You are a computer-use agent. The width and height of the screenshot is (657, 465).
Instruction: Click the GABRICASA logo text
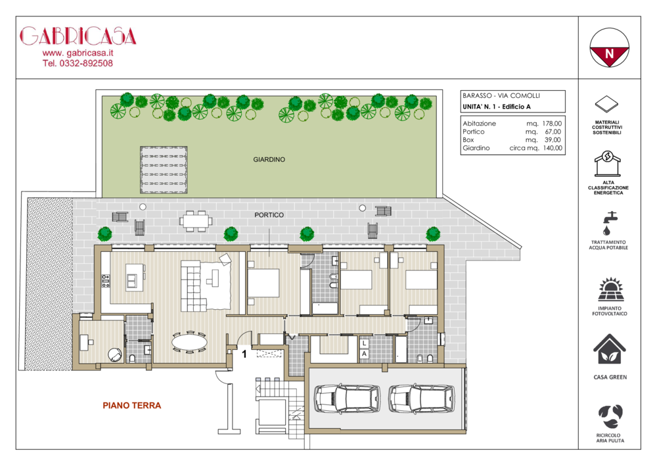coord(78,36)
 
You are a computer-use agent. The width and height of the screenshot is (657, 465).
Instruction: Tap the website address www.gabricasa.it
coord(78,53)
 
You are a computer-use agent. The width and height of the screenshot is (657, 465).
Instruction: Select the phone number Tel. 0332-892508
coord(78,63)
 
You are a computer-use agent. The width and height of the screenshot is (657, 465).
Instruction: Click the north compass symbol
coord(609,47)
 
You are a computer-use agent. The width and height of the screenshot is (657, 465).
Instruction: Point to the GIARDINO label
coord(269,160)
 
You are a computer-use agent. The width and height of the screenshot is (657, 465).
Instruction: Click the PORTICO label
coord(269,215)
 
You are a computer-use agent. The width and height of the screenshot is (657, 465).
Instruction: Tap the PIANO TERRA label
coord(132,405)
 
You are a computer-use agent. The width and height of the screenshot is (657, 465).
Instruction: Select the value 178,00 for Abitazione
coord(552,124)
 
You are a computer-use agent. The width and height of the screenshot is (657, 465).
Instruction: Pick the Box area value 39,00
coord(553,140)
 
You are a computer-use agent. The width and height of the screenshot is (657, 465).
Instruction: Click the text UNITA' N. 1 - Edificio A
coord(497,107)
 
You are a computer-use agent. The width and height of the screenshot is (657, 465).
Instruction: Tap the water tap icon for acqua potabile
coord(608,223)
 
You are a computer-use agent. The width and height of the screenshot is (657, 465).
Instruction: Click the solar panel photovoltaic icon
coord(611,289)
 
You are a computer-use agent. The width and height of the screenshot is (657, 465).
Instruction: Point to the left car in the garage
coord(348,399)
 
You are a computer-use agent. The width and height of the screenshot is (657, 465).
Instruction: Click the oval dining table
coord(189,342)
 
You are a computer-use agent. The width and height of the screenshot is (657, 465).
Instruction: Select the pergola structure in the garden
coord(164,170)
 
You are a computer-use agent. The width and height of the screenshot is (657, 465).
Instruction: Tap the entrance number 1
coord(244,355)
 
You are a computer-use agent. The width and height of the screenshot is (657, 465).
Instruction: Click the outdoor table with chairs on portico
coord(196,220)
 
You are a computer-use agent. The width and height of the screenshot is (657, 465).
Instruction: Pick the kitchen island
coord(135,277)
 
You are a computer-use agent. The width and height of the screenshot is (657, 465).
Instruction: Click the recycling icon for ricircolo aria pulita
coord(610,417)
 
